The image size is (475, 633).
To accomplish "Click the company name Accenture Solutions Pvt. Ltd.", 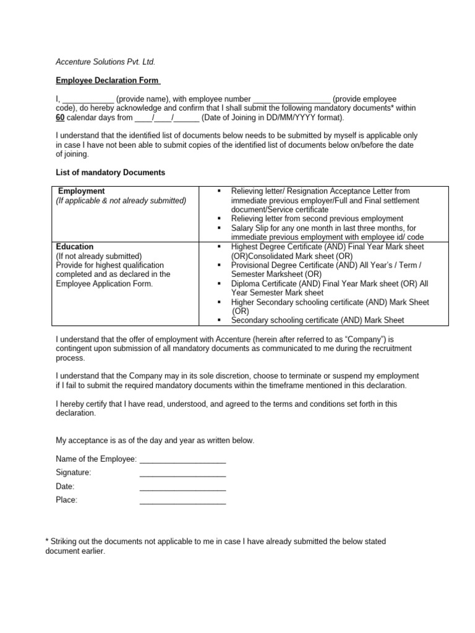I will (105, 62).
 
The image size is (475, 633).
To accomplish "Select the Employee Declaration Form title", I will (108, 80).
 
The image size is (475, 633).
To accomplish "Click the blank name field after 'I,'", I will (88, 100).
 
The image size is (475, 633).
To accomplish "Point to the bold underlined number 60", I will (61, 117).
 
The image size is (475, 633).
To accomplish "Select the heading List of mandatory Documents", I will (110, 172).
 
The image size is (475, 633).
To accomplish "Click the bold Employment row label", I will (81, 191).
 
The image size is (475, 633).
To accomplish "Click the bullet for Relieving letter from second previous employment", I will (220, 219).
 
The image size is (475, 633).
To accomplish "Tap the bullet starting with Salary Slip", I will (220, 228).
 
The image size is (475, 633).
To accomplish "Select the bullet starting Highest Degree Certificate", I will (220, 247).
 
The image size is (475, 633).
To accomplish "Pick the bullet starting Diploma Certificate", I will (220, 283).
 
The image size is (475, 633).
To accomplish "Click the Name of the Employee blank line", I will (182, 459).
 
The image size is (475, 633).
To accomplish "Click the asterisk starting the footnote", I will (48, 541).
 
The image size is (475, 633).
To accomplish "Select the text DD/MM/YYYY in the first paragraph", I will (270, 117).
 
